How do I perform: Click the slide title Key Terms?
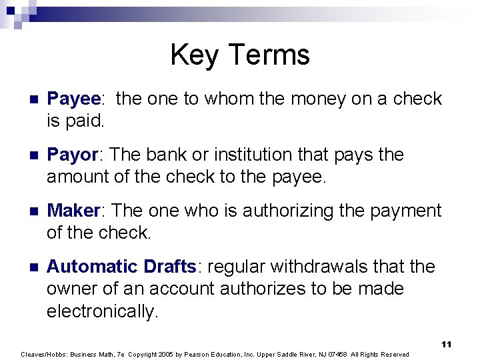coord(240,55)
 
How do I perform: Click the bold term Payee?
coord(73,99)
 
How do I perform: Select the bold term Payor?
coord(72,155)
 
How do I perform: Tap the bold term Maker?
coord(73,211)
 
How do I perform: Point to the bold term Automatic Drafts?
coord(121,267)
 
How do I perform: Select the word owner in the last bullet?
coord(74,290)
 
